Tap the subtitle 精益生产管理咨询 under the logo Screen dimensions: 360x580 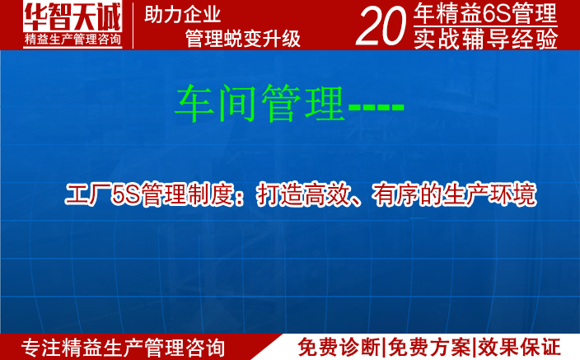[72, 40]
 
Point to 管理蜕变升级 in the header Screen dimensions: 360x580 [242, 38]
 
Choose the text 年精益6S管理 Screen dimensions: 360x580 [485, 14]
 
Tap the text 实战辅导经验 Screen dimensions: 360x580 [485, 38]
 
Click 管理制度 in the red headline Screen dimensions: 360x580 [180, 195]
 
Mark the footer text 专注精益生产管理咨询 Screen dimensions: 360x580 [123, 347]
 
